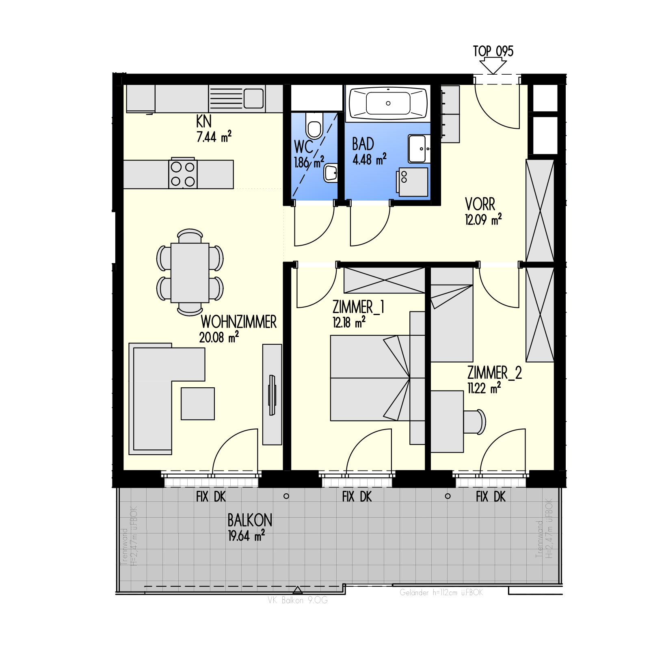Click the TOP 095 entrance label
(x=493, y=51)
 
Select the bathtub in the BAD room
(x=388, y=103)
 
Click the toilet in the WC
(x=314, y=125)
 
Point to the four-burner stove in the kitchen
(x=183, y=174)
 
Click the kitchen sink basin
(x=253, y=99)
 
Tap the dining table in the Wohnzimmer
(x=190, y=272)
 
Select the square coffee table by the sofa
(x=197, y=404)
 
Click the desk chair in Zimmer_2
(x=475, y=421)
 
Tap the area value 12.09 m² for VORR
(x=483, y=220)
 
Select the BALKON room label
(x=250, y=520)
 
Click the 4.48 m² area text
(x=369, y=159)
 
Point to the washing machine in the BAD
(x=412, y=182)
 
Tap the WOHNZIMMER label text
(x=238, y=322)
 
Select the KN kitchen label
(x=203, y=121)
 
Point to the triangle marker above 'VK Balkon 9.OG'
(x=298, y=590)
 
